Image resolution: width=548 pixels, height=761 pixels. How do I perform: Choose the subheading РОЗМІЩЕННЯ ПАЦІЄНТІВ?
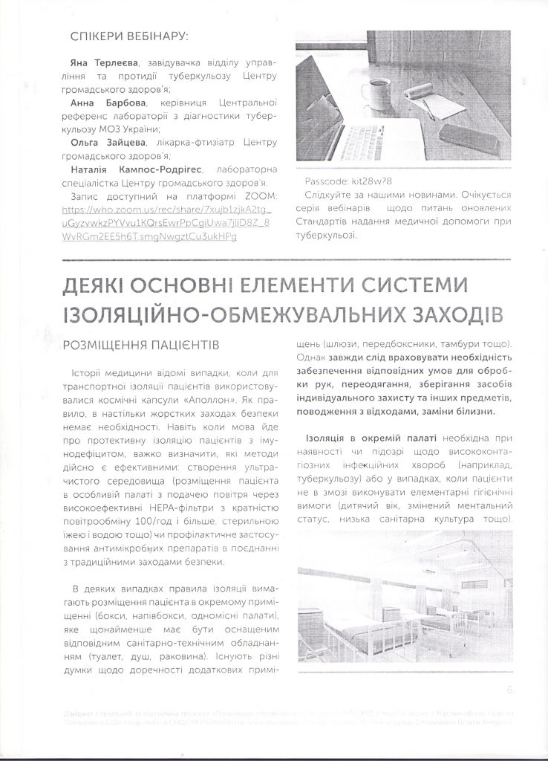pyautogui.click(x=140, y=346)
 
